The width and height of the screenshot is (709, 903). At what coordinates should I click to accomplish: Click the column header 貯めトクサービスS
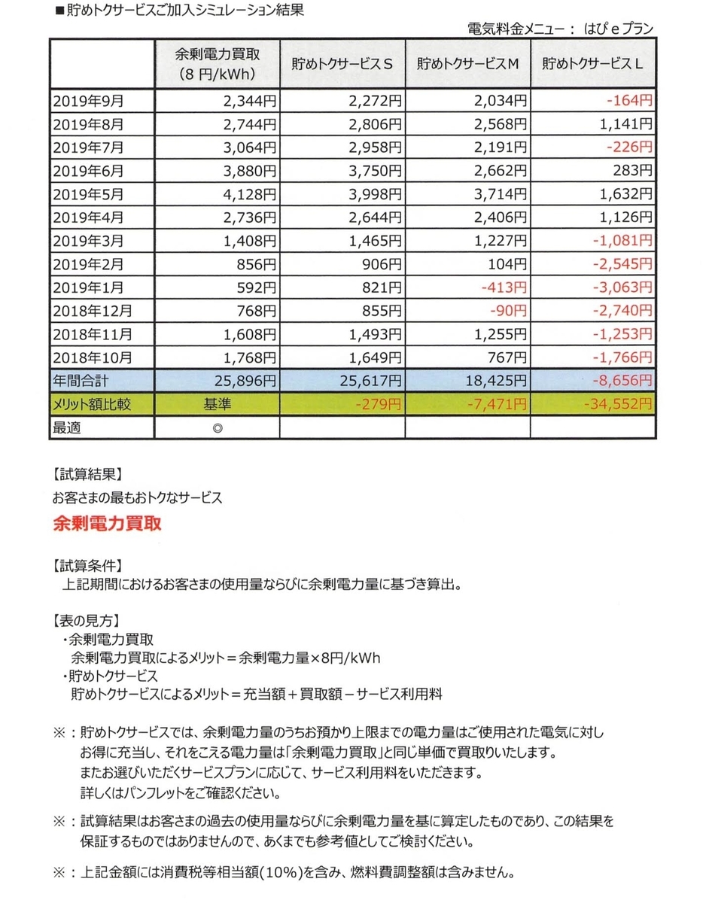click(x=342, y=65)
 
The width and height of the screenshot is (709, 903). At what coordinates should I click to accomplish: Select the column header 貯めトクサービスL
click(x=592, y=65)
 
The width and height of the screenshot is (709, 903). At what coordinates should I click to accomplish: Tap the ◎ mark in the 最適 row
click(x=217, y=427)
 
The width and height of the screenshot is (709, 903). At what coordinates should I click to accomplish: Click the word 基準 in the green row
click(x=217, y=405)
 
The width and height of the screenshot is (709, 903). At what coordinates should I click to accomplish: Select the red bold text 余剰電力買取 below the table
click(x=107, y=523)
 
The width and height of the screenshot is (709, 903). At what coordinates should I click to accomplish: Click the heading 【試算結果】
click(x=87, y=475)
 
